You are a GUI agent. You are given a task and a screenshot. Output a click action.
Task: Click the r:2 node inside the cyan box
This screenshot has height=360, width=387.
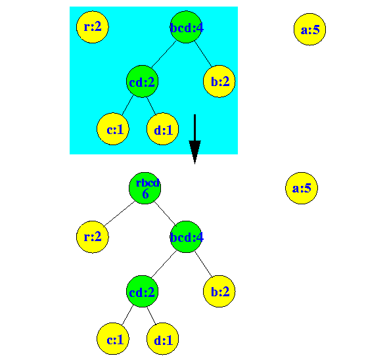click(93, 27)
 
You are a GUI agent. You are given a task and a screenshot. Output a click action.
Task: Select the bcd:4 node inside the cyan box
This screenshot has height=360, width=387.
click(186, 27)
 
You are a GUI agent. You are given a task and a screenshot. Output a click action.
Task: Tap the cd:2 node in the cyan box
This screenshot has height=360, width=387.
click(142, 81)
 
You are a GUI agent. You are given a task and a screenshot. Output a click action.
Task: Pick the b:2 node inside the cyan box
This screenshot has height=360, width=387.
click(219, 81)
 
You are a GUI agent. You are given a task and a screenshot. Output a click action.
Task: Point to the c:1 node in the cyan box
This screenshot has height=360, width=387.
click(113, 129)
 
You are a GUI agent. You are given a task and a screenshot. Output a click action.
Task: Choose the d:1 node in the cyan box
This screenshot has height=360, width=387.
click(163, 129)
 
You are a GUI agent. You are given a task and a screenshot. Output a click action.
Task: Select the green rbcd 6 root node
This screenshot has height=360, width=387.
click(145, 188)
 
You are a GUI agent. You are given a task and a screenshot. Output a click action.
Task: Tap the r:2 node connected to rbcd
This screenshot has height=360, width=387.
click(93, 237)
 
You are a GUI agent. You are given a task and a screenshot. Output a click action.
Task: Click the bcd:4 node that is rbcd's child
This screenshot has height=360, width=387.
click(186, 237)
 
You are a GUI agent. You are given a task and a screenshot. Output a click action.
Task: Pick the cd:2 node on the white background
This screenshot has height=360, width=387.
click(142, 291)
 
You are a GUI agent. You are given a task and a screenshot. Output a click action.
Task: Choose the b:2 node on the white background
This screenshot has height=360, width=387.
click(219, 291)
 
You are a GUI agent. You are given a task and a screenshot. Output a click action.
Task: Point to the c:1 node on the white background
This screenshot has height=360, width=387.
click(113, 338)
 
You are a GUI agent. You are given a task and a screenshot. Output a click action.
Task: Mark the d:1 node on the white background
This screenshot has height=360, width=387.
click(163, 338)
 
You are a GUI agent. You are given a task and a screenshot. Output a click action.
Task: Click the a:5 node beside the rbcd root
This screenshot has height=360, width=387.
click(302, 188)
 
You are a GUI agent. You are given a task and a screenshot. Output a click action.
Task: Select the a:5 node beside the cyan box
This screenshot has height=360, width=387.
click(309, 30)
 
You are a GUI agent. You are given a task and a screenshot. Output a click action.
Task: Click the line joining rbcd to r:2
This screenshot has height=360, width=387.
click(120, 214)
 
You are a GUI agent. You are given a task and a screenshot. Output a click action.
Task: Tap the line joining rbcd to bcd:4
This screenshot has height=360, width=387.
click(165, 214)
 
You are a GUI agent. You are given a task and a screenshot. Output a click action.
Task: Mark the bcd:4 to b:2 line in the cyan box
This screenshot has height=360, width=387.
click(203, 54)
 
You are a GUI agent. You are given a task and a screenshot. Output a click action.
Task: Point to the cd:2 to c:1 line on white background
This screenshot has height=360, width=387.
click(128, 315)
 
